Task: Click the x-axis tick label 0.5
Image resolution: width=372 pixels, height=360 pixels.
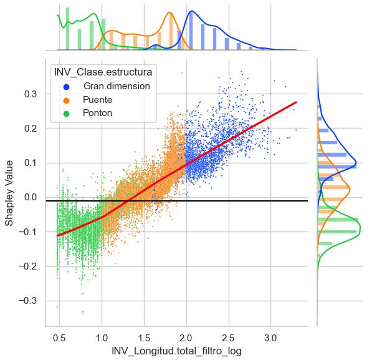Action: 59,338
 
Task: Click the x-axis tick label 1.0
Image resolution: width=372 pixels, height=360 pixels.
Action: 102,338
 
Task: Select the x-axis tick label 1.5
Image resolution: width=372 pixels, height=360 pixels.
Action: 144,338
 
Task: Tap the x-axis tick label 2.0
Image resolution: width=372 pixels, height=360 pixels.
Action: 186,338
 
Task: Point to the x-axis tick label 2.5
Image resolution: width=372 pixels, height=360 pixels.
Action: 228,338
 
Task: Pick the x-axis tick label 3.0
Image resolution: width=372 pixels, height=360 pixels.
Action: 270,338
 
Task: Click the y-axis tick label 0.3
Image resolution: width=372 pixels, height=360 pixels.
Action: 31,94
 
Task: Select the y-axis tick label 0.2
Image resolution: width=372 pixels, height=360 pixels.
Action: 31,129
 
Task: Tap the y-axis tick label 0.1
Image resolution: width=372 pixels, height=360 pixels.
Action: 31,163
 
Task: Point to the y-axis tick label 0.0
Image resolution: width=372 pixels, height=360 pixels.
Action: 31,197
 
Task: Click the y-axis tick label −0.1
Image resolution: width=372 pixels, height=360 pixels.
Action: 28,232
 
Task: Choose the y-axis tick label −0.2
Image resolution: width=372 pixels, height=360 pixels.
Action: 28,266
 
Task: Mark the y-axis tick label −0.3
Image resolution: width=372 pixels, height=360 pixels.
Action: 28,301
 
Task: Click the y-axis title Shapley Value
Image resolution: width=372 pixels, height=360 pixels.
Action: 9,193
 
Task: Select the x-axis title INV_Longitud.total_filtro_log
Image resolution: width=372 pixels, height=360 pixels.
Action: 176,351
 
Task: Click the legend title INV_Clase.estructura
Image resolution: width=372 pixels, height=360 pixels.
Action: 103,72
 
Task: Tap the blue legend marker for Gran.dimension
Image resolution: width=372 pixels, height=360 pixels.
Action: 67,87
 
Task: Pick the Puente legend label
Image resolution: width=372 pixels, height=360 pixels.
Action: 97,100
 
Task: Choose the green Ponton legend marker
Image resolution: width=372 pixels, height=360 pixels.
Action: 67,114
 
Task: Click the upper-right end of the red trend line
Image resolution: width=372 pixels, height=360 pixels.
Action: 297,102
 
